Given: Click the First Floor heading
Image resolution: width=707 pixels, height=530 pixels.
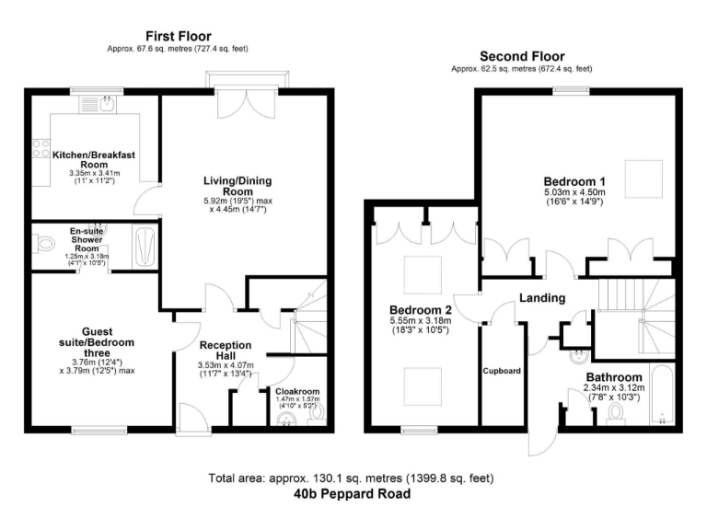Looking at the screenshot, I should click(x=178, y=36).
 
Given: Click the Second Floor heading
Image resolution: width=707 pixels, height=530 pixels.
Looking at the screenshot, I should click(x=521, y=56).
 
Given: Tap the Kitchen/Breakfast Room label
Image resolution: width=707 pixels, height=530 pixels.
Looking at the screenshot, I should click(x=94, y=160).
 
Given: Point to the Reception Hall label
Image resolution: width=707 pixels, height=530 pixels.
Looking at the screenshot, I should click(x=226, y=351).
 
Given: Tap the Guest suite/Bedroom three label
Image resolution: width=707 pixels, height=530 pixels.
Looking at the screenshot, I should click(x=97, y=341).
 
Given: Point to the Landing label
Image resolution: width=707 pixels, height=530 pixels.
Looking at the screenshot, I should click(x=542, y=298).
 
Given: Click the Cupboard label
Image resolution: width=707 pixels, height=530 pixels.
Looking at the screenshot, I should click(x=503, y=371).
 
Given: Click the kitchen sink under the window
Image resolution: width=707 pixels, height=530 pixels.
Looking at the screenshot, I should click(x=108, y=104).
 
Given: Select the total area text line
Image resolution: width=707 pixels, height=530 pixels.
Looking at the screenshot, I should click(x=352, y=478).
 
